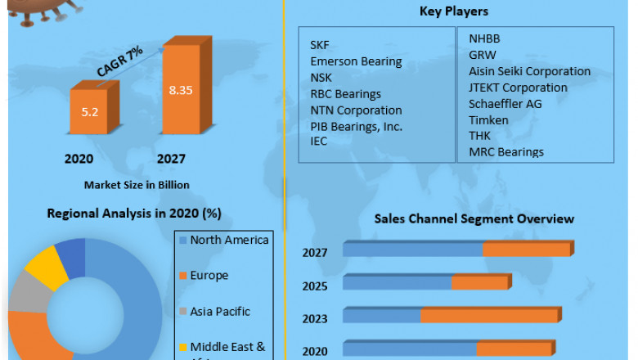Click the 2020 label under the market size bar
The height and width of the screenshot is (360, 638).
(79, 159)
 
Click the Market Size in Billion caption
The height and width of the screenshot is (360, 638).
(137, 185)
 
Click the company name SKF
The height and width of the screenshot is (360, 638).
(321, 44)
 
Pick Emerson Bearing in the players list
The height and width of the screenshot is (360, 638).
(356, 61)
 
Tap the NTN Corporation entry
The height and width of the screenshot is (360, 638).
(356, 110)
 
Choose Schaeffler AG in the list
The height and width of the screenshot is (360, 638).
(505, 103)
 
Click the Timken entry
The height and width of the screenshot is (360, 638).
(488, 119)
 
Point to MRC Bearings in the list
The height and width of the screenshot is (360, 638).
(506, 151)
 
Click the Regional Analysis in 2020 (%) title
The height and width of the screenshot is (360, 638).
(134, 214)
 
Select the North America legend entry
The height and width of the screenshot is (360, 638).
(229, 240)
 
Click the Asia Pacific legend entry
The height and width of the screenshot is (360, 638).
(220, 311)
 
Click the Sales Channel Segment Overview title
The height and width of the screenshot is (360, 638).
(474, 218)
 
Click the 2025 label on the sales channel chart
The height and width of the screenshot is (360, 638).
(314, 286)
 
